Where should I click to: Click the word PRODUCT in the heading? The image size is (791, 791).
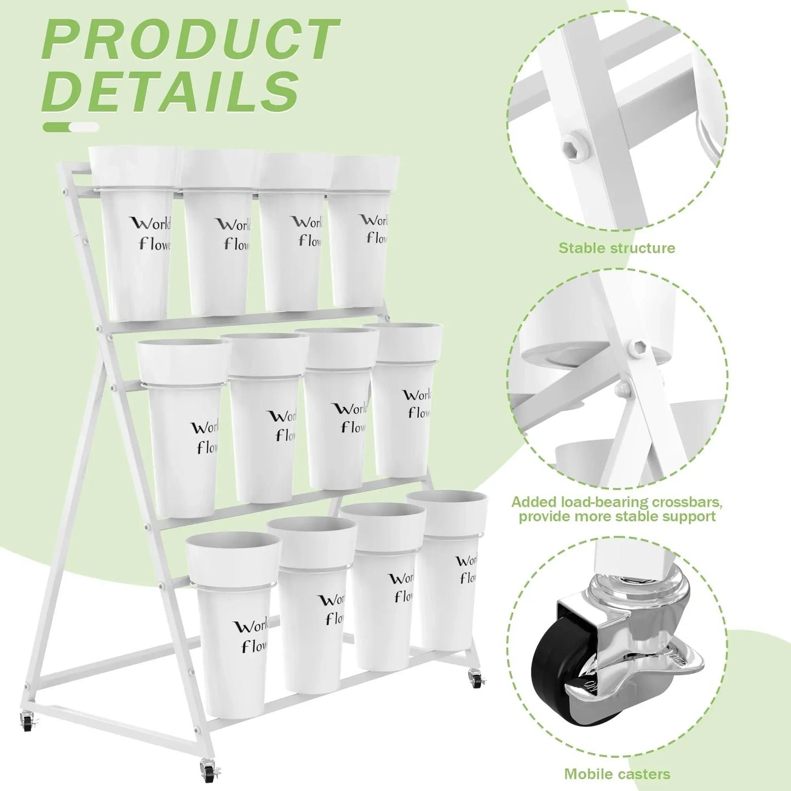coord(190,39)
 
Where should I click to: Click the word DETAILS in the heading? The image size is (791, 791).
coord(171,90)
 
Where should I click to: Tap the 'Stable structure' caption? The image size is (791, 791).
coord(616,248)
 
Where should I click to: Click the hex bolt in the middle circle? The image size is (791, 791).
coord(637,347)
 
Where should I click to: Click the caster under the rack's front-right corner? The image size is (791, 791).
coord(208,771)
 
